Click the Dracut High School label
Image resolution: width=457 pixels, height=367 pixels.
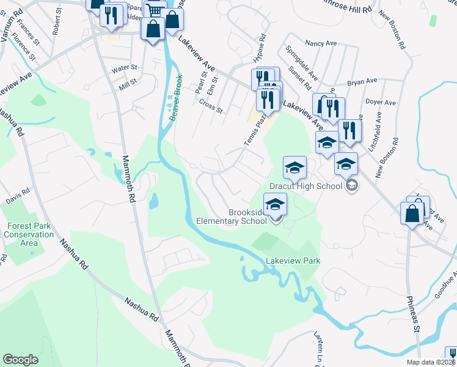pyautogui.click(x=304, y=185)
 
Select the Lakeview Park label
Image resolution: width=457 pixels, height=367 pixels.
pyautogui.click(x=293, y=261)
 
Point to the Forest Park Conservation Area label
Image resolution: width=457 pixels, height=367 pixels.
pyautogui.click(x=29, y=234)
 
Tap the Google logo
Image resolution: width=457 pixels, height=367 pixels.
pyautogui.click(x=20, y=360)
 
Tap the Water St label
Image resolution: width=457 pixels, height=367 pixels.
pyautogui.click(x=123, y=67)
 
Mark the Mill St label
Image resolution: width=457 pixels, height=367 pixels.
pyautogui.click(x=128, y=82)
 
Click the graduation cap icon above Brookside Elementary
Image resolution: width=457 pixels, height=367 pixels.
pyautogui.click(x=275, y=203)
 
